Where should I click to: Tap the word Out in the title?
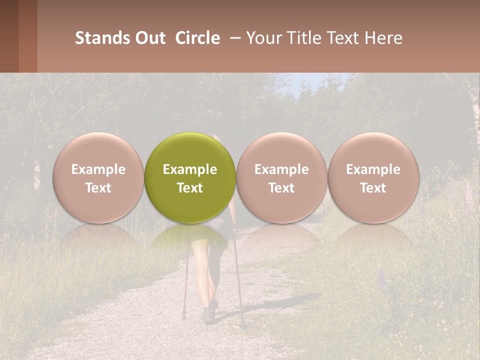(x=149, y=38)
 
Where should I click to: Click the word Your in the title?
(x=261, y=38)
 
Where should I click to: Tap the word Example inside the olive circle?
(x=190, y=169)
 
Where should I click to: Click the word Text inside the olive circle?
(x=190, y=188)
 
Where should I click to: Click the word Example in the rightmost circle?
(x=373, y=169)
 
